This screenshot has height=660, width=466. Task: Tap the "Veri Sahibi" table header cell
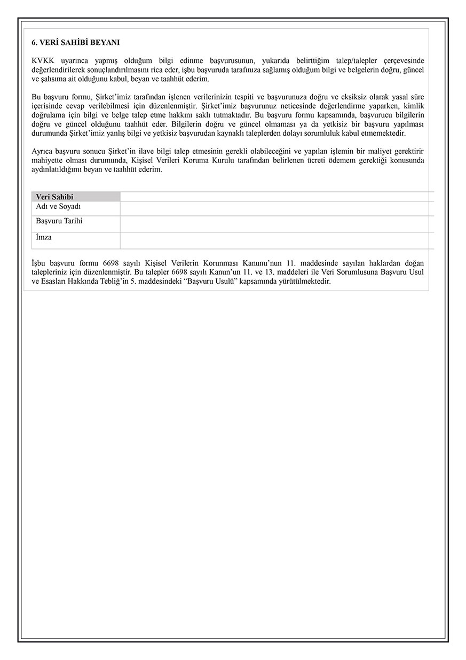(x=54, y=197)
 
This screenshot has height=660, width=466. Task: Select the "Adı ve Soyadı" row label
(x=58, y=207)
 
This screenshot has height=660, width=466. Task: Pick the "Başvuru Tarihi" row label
(x=59, y=221)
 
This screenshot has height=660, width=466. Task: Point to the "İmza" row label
(x=44, y=237)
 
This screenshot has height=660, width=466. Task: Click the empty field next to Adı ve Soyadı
(x=277, y=208)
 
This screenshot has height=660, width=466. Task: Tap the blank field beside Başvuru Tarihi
(x=277, y=224)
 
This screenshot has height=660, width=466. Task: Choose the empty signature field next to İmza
(x=277, y=240)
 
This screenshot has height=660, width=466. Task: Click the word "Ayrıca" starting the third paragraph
(x=43, y=151)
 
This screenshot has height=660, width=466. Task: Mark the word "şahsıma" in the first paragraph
(x=52, y=79)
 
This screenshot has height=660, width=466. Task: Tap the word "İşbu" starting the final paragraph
(x=40, y=263)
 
